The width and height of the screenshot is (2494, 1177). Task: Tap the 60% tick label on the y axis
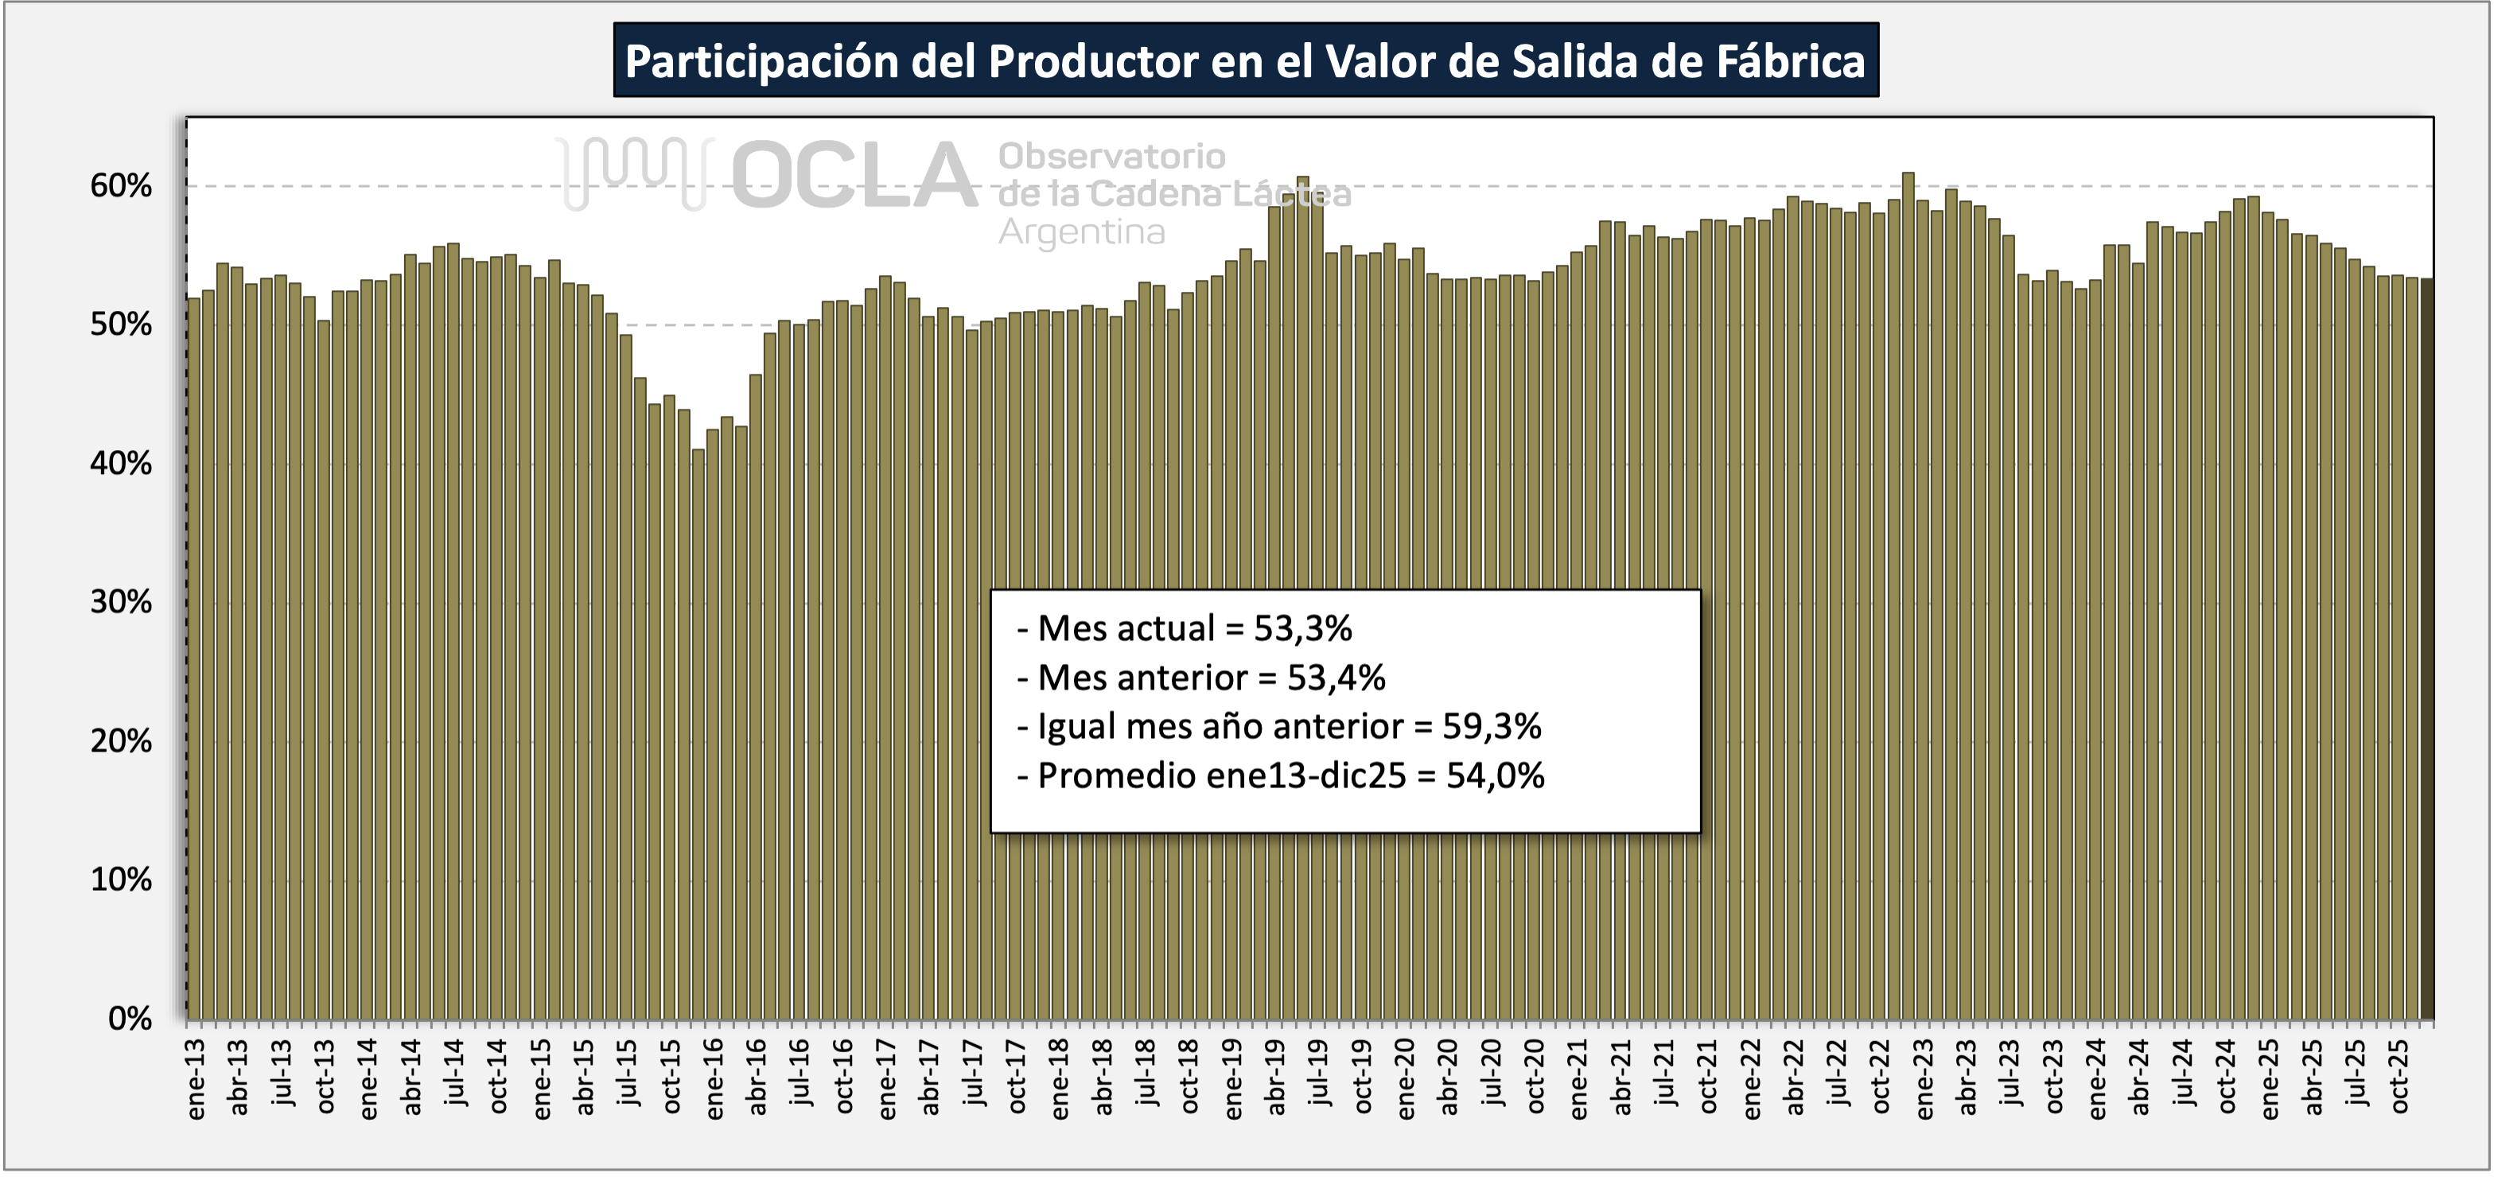click(121, 186)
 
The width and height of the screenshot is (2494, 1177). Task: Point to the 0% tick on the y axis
click(130, 1018)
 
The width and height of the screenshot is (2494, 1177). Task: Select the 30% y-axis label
click(121, 602)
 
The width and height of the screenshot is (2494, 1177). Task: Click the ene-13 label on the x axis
click(196, 1080)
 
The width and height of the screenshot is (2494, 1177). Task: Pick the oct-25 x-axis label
click(2400, 1078)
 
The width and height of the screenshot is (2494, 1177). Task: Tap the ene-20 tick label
click(1406, 1080)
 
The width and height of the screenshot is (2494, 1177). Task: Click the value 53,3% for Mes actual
click(1302, 628)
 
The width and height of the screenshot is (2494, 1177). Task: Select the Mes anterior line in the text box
click(1200, 678)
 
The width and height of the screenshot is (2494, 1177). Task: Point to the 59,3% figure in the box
click(1491, 726)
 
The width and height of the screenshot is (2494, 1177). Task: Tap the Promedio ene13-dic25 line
click(1280, 775)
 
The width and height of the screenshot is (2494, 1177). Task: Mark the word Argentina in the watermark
click(1080, 232)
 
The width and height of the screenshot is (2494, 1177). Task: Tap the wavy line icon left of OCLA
click(634, 173)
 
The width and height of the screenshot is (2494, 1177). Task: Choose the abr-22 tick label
click(1795, 1078)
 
